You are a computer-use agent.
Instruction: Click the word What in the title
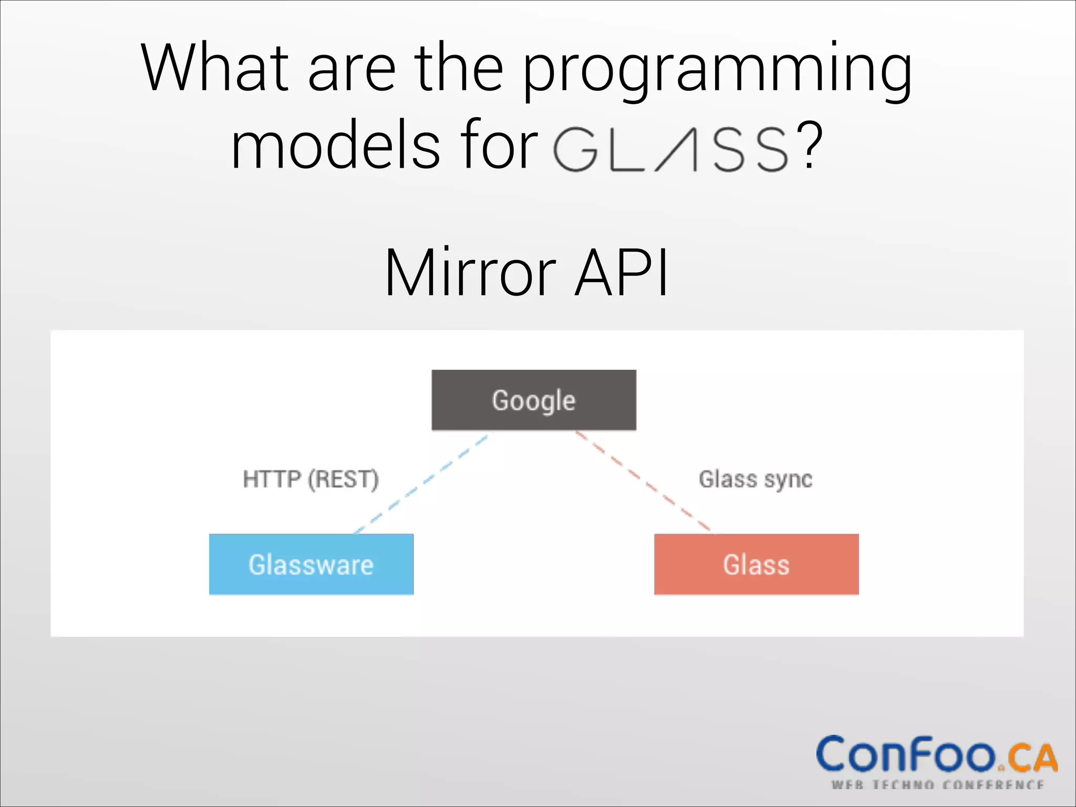point(214,68)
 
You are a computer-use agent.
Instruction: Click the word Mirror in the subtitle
point(470,273)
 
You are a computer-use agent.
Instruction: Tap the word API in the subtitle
point(622,273)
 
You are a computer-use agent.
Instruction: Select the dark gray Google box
point(534,400)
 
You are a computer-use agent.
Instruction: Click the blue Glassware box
point(311,565)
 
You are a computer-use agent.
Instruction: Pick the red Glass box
point(756,565)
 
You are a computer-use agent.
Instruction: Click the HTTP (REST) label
point(311,479)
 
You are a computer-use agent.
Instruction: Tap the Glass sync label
point(756,479)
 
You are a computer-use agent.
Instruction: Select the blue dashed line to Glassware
point(420,482)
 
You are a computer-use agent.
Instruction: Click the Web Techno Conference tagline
point(937,785)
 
